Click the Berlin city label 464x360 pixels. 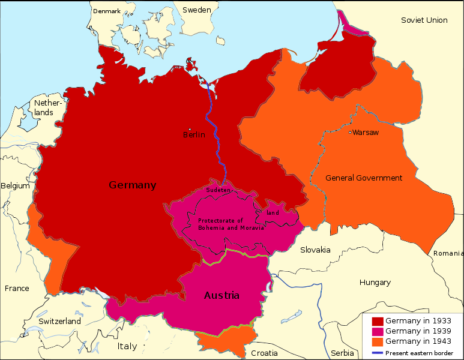194,135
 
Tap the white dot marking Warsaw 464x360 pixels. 350,132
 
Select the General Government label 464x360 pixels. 364,178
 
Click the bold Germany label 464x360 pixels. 132,185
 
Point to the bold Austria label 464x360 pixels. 221,296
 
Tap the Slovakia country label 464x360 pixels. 315,250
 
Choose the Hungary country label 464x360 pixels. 375,282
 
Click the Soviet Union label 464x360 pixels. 424,20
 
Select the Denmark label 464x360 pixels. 107,11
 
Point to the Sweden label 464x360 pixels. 196,10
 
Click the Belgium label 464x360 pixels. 15,186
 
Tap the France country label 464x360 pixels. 17,289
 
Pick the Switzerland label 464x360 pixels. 59,322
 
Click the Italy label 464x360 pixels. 127,347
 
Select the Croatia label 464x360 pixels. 264,353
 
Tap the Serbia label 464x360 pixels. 342,353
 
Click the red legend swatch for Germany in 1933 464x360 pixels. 378,321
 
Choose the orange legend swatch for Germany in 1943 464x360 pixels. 378,341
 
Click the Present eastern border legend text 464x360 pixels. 419,353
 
